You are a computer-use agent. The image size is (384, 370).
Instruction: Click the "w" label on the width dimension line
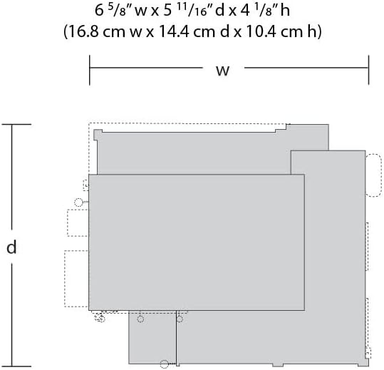(x=222, y=71)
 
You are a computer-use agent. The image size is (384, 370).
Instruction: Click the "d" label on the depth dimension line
(x=11, y=247)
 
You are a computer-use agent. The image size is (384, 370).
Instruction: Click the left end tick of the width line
(x=90, y=70)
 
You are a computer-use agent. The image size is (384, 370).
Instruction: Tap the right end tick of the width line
(x=368, y=70)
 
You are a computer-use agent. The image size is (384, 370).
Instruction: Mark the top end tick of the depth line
(x=16, y=125)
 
